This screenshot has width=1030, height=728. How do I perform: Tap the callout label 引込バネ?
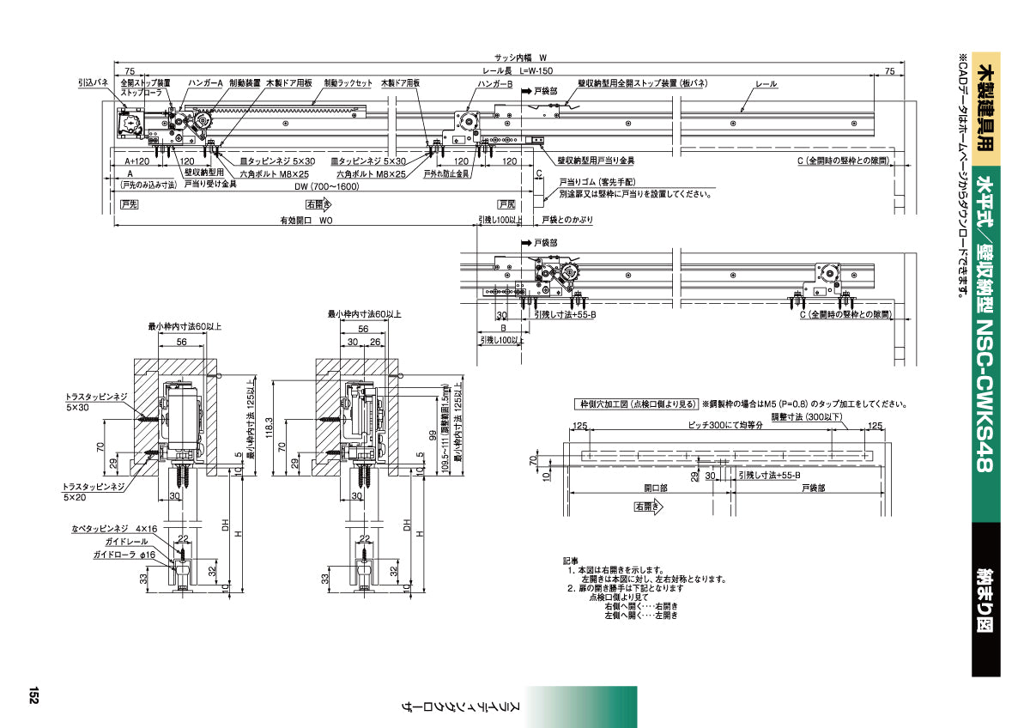93,83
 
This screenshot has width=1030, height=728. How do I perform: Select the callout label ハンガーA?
206,83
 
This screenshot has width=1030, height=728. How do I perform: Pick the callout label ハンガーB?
495,83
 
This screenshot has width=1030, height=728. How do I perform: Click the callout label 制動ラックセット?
348,83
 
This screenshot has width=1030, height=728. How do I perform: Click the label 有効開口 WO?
306,221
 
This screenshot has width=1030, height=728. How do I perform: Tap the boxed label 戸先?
129,204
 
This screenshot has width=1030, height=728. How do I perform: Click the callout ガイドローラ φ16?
124,555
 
